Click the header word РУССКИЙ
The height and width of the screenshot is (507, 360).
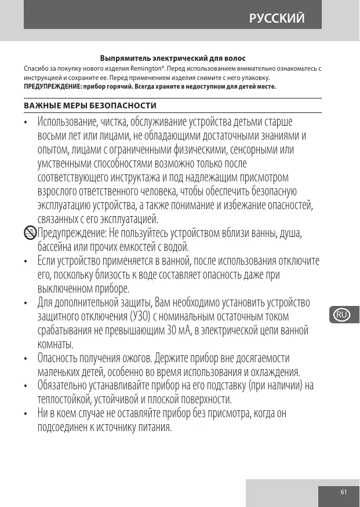point(277,18)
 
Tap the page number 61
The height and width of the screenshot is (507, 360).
point(343,492)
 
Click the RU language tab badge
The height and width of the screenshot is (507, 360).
point(342,315)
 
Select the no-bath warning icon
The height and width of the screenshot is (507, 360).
point(30,234)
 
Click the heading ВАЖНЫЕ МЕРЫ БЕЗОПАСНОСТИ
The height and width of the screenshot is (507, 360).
point(90,106)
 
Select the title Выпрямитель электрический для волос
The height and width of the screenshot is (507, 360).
point(173,59)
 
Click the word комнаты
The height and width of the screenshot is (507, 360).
point(55,345)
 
